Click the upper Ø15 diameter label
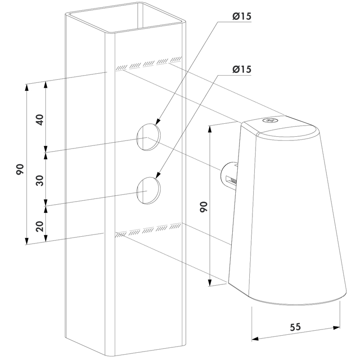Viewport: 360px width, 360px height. [242, 16]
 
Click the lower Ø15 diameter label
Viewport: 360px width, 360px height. [242, 69]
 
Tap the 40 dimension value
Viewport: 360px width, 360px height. [40, 120]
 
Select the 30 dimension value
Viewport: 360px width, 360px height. [40, 180]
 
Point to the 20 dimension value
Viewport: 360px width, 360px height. [40, 226]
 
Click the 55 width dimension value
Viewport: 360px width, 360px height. [295, 327]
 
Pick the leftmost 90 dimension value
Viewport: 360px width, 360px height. [20, 169]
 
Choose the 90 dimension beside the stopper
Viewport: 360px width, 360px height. [203, 207]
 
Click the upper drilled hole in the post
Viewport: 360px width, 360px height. [148, 137]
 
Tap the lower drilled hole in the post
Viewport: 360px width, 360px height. [148, 190]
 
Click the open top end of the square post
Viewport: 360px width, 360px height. [126, 17]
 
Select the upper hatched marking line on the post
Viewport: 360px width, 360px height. [149, 63]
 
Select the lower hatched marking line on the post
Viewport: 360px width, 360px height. [149, 230]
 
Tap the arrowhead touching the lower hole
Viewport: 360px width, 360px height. [158, 175]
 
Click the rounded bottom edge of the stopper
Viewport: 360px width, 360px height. [298, 301]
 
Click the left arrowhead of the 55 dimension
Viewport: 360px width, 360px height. [255, 339]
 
